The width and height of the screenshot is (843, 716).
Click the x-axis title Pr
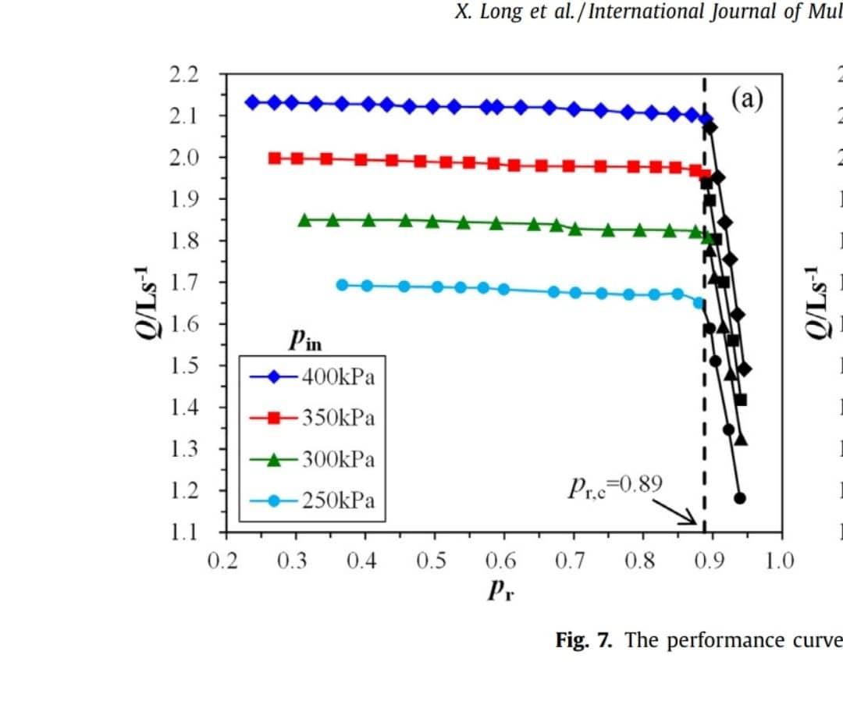(x=500, y=591)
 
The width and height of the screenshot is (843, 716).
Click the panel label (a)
(x=747, y=98)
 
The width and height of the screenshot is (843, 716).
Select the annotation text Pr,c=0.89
(x=616, y=486)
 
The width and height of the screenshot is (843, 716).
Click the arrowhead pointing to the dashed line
(x=691, y=520)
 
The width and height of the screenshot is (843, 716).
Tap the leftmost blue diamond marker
(x=252, y=102)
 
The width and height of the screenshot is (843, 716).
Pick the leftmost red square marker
(x=275, y=158)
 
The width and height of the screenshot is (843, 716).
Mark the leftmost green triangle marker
(x=305, y=220)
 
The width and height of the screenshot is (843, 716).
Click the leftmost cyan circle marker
(x=342, y=285)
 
